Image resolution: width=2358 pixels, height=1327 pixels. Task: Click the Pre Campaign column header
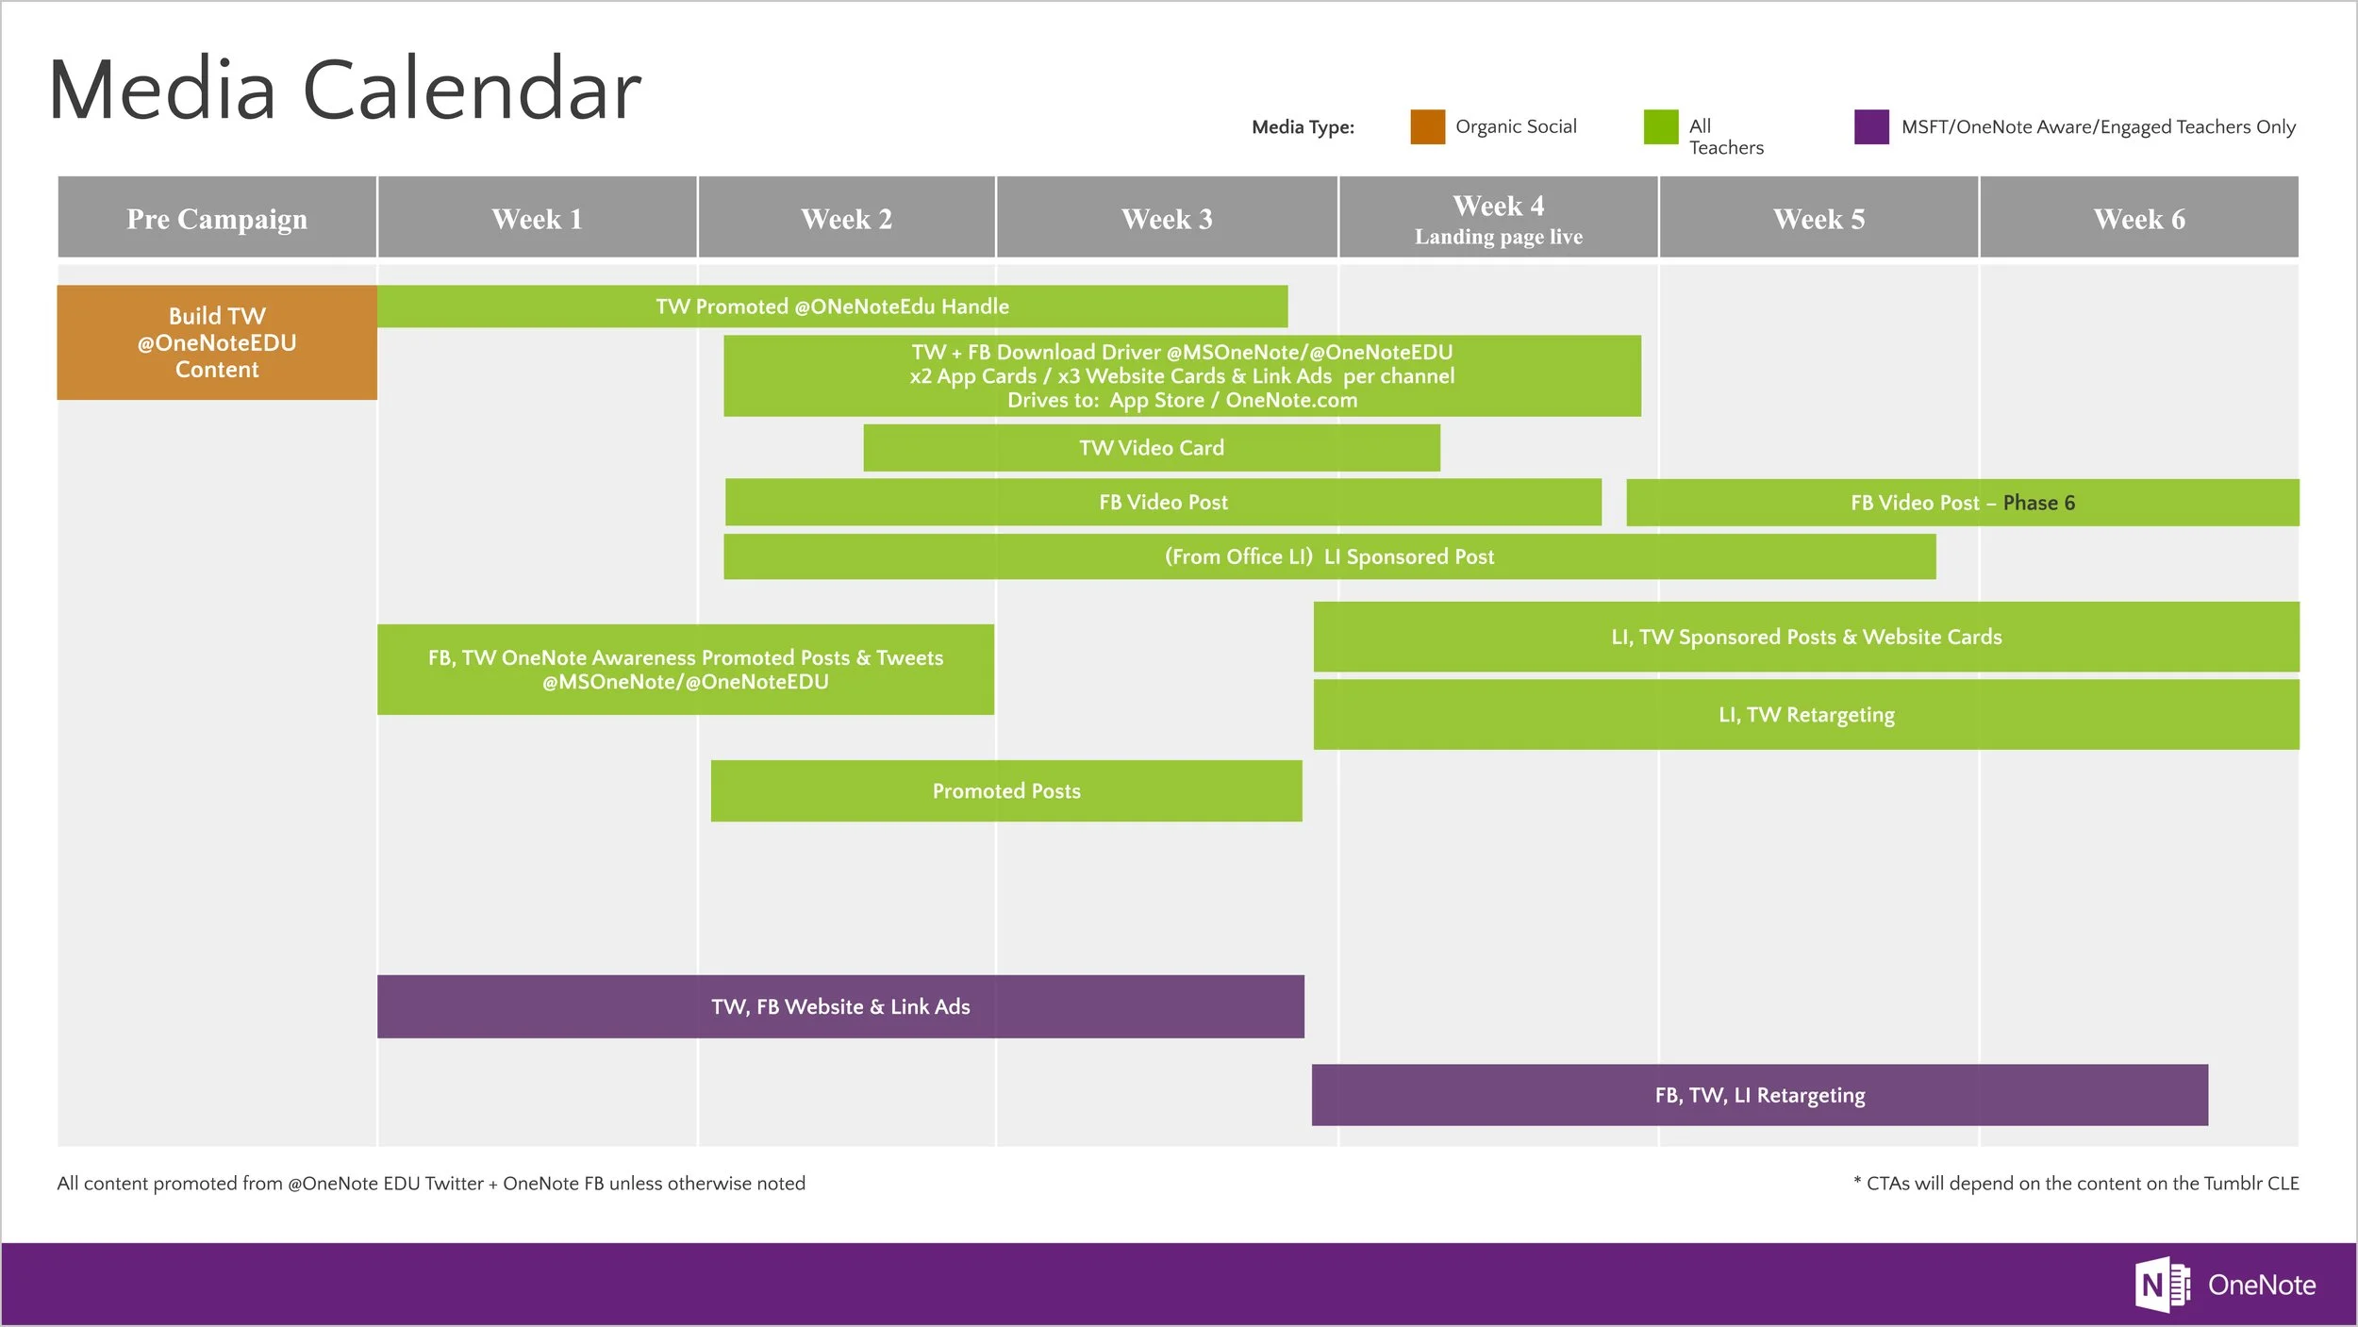click(217, 218)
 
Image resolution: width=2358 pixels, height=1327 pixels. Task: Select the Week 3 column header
click(1167, 218)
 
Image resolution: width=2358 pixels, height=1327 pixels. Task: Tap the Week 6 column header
click(2139, 218)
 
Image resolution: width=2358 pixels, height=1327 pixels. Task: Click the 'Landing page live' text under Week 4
click(1499, 237)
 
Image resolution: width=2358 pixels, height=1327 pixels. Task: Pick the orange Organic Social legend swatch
click(1427, 126)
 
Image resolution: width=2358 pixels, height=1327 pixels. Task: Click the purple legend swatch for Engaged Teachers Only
click(1871, 126)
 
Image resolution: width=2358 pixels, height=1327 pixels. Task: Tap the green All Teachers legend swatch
click(1661, 126)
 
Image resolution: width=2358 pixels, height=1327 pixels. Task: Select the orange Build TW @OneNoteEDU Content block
click(217, 342)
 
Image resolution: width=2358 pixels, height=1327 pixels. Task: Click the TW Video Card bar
click(1152, 447)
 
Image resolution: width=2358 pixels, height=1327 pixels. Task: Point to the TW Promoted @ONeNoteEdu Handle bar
click(832, 306)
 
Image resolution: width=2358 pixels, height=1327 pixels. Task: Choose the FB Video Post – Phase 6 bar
click(1962, 503)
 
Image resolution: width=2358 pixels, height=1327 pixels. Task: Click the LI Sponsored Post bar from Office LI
click(1329, 556)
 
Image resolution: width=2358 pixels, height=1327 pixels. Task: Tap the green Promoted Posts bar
click(1006, 790)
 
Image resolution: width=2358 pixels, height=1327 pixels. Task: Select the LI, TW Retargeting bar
click(1806, 715)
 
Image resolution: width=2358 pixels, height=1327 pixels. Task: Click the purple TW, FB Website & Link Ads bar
click(840, 1006)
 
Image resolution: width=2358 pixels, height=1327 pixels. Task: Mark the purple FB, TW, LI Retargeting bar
click(1760, 1095)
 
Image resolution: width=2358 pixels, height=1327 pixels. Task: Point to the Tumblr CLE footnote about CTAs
click(2076, 1183)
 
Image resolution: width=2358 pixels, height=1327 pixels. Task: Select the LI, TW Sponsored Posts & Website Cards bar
click(1806, 637)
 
